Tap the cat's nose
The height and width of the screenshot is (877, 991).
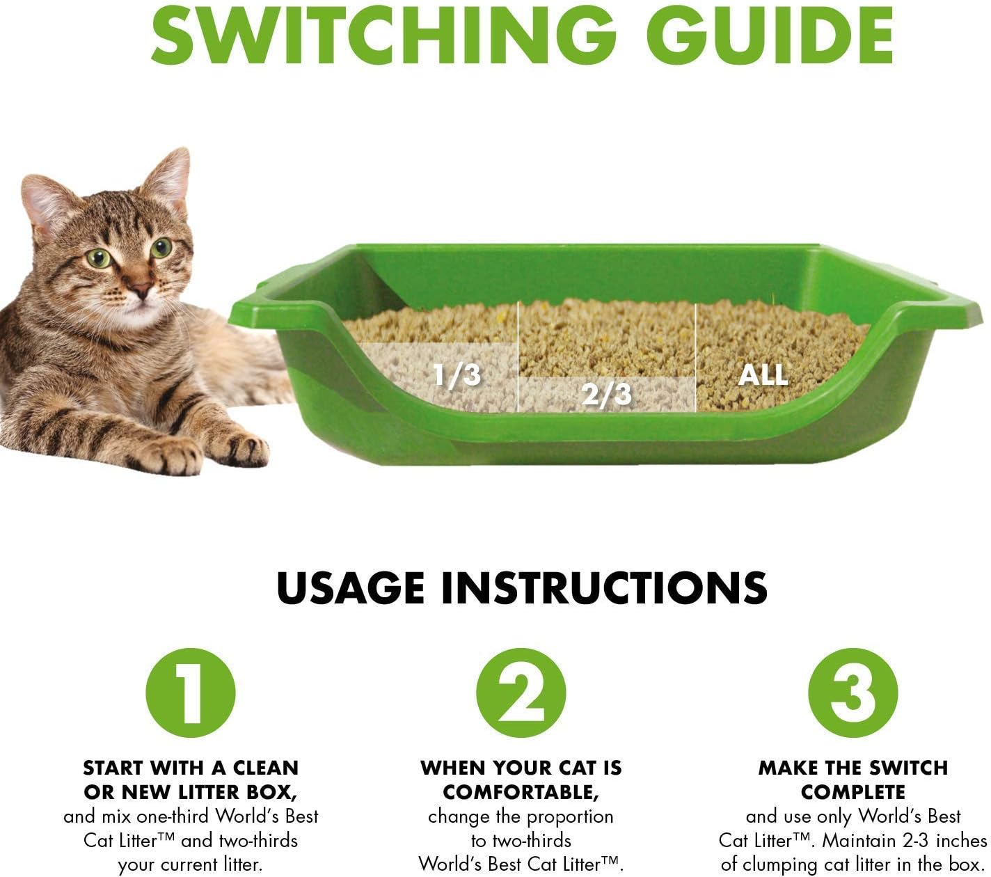click(142, 287)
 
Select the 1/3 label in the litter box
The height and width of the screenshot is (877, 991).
click(457, 375)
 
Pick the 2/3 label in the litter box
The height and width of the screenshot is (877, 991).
click(606, 395)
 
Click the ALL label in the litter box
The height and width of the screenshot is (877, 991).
click(763, 375)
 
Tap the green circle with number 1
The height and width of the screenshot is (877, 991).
click(190, 693)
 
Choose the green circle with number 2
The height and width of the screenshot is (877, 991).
click(521, 693)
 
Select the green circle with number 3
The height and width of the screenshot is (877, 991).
click(853, 693)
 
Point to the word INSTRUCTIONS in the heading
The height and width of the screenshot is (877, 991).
click(604, 588)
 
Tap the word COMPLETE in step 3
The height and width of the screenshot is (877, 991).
click(853, 792)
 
